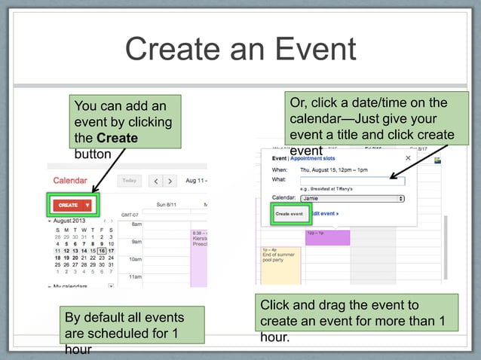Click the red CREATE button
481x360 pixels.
tap(69, 205)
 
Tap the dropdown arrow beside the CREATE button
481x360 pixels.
tap(88, 205)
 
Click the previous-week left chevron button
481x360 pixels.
tap(155, 182)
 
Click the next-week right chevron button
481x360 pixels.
tap(171, 182)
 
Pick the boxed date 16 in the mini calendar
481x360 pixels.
tap(101, 251)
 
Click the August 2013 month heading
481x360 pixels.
tap(70, 221)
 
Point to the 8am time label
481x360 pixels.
tap(136, 224)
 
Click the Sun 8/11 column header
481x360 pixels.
tap(167, 204)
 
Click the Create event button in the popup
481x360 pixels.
tap(289, 214)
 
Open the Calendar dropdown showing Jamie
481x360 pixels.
tap(352, 198)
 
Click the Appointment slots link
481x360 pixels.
tap(316, 159)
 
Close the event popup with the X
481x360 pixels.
tap(409, 158)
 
